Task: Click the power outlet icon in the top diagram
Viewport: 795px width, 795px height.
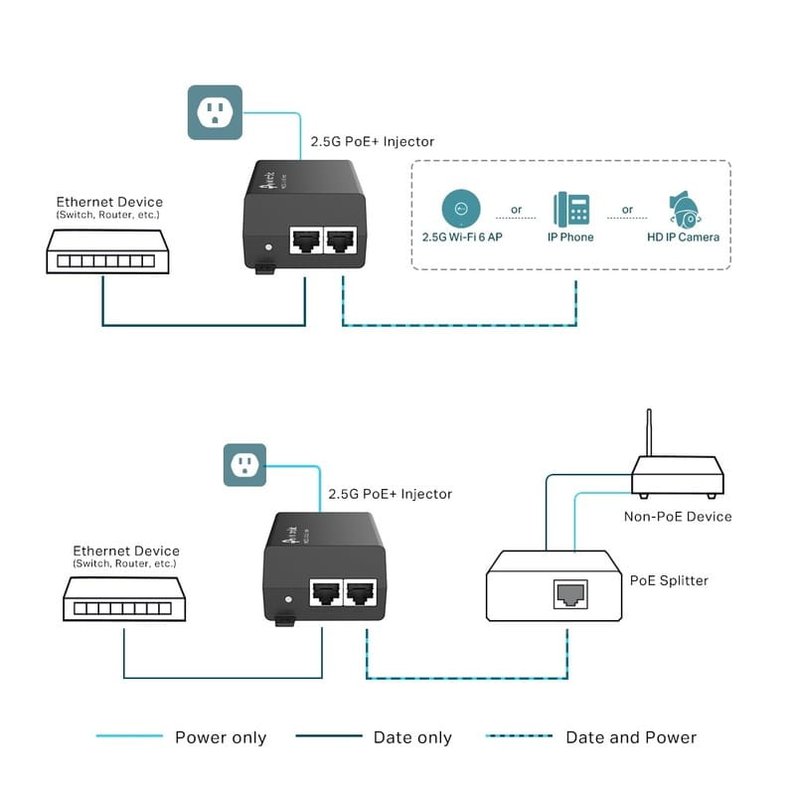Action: (x=215, y=111)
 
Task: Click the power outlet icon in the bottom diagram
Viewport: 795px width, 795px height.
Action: (x=244, y=465)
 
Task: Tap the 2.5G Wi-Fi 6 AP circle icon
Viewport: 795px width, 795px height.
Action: (x=460, y=209)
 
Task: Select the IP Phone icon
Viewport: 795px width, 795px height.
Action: (x=571, y=209)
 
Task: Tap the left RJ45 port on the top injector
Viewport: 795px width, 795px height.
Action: (x=303, y=241)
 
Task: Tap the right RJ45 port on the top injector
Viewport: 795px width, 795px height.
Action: (x=342, y=241)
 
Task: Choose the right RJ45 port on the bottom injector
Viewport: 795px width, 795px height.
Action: (x=359, y=593)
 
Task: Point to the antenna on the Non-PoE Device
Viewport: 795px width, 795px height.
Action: (x=649, y=432)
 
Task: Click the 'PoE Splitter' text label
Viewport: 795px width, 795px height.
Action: (x=669, y=580)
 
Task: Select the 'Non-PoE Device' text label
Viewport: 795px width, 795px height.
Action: (x=677, y=516)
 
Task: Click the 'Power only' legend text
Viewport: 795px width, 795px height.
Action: (x=221, y=737)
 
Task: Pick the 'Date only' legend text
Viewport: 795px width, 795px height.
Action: (x=412, y=737)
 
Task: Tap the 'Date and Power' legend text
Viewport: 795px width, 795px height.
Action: (x=631, y=737)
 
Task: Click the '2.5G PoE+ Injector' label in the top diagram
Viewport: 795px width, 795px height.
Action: (x=372, y=142)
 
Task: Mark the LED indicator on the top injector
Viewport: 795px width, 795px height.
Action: (x=265, y=245)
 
